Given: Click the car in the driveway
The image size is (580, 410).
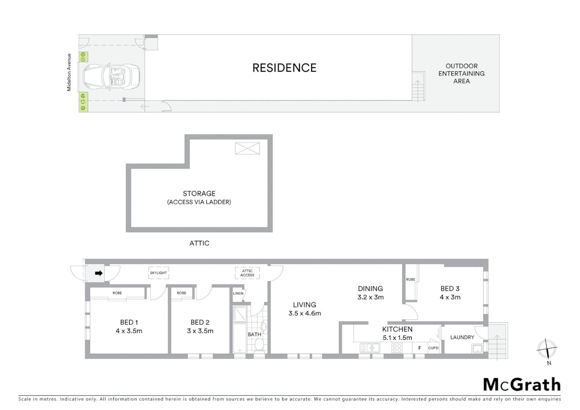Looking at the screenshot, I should [x=111, y=75].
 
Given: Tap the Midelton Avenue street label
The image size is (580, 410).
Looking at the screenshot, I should [x=69, y=72].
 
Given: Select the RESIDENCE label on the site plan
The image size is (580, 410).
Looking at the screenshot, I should [x=284, y=68].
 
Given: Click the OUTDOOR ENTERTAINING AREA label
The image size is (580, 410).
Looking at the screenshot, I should [x=461, y=73].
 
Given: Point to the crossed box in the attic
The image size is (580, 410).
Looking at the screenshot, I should [x=247, y=148].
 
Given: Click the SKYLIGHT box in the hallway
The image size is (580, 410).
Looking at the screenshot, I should [x=158, y=273].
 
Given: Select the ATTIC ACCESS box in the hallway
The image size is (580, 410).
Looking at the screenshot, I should [x=247, y=273].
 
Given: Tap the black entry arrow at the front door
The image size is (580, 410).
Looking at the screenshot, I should [x=99, y=273].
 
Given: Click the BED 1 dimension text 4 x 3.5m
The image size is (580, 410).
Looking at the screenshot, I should [x=129, y=331].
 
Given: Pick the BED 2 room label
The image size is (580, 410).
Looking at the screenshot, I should [x=200, y=322].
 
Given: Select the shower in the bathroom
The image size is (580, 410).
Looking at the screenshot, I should [x=240, y=313].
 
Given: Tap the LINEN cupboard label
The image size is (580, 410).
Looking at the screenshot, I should [x=238, y=293].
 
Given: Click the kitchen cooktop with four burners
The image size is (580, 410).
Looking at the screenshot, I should [x=397, y=348].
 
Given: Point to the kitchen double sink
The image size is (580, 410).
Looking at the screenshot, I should [x=370, y=348].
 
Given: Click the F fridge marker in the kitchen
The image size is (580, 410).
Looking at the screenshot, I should [x=419, y=348].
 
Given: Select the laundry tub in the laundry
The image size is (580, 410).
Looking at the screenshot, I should [x=477, y=348].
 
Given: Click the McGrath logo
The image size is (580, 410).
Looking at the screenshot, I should [x=522, y=385].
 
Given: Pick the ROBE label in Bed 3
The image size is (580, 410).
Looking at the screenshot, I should [x=410, y=279].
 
